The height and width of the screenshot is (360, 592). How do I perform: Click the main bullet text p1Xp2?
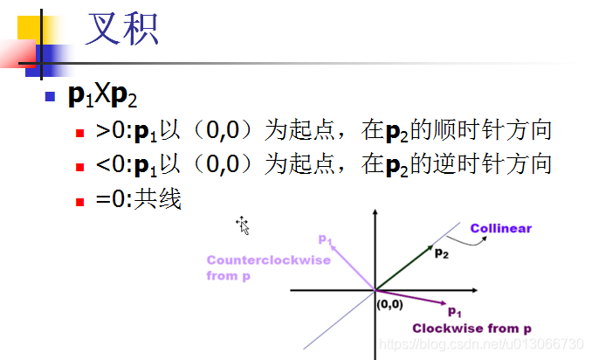coord(103,95)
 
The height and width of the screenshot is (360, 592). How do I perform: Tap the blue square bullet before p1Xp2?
coord(50,95)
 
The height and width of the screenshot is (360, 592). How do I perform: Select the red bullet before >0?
coord(79,134)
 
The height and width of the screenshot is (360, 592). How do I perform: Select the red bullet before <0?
coord(79,167)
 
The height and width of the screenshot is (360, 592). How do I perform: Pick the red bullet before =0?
coord(79,200)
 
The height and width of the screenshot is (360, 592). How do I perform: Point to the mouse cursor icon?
coord(243,225)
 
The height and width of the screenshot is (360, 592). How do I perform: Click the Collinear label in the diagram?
coord(500,229)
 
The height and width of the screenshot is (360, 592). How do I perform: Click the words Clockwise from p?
coord(472,329)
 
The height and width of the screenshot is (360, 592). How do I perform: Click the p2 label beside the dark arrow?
coord(443,253)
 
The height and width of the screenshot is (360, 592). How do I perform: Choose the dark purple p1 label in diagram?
coord(454,311)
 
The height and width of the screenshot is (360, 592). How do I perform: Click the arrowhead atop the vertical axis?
coord(375,213)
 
